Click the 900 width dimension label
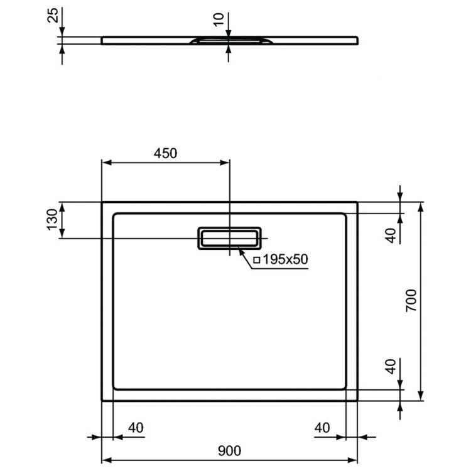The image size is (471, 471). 229,450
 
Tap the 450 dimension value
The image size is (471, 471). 166,153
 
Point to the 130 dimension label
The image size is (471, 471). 53,220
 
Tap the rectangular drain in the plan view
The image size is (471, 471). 229,238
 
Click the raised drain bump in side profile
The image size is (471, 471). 229,40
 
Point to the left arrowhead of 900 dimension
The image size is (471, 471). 106,459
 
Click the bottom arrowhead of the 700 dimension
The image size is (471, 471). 420,397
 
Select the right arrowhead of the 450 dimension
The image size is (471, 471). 225,163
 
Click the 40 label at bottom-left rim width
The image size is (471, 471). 136,428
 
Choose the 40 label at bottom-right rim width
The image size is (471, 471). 322,428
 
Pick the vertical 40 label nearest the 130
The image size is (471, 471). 391,235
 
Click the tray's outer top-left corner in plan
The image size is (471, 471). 102,202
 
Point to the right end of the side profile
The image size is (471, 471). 358,40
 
